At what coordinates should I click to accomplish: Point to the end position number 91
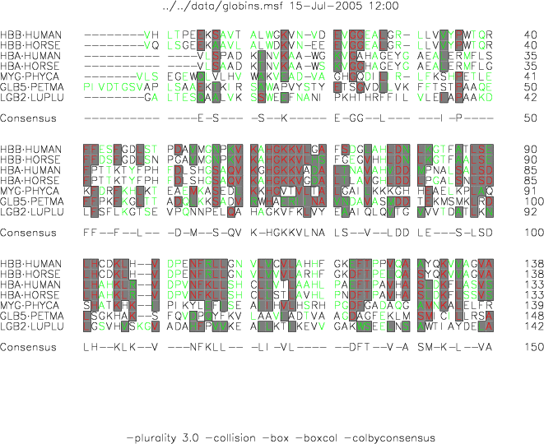pyautogui.click(x=531, y=191)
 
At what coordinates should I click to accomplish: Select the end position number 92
pyautogui.click(x=531, y=212)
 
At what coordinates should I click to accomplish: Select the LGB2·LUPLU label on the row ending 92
pyautogui.click(x=29, y=212)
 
